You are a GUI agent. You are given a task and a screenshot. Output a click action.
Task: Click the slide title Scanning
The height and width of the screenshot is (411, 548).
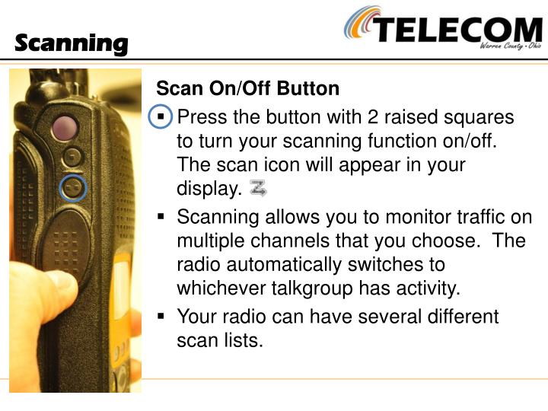click(72, 43)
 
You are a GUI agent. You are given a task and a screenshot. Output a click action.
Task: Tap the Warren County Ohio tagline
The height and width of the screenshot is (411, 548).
click(510, 47)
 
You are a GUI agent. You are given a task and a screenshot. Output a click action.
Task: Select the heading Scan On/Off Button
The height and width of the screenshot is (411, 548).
click(247, 89)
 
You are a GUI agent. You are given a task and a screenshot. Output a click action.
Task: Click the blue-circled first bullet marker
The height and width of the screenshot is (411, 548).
click(161, 119)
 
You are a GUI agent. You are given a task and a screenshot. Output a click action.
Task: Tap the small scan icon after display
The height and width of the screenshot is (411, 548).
click(258, 188)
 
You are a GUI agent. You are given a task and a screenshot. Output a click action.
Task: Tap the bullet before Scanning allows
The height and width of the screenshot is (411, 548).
click(161, 218)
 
